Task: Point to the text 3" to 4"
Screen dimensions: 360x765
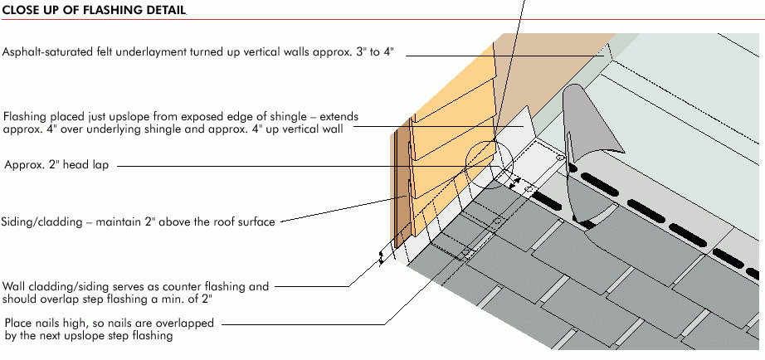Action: tap(378, 51)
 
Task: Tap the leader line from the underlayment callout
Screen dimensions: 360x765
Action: tap(498, 53)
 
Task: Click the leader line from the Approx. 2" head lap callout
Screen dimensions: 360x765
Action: tap(290, 165)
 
